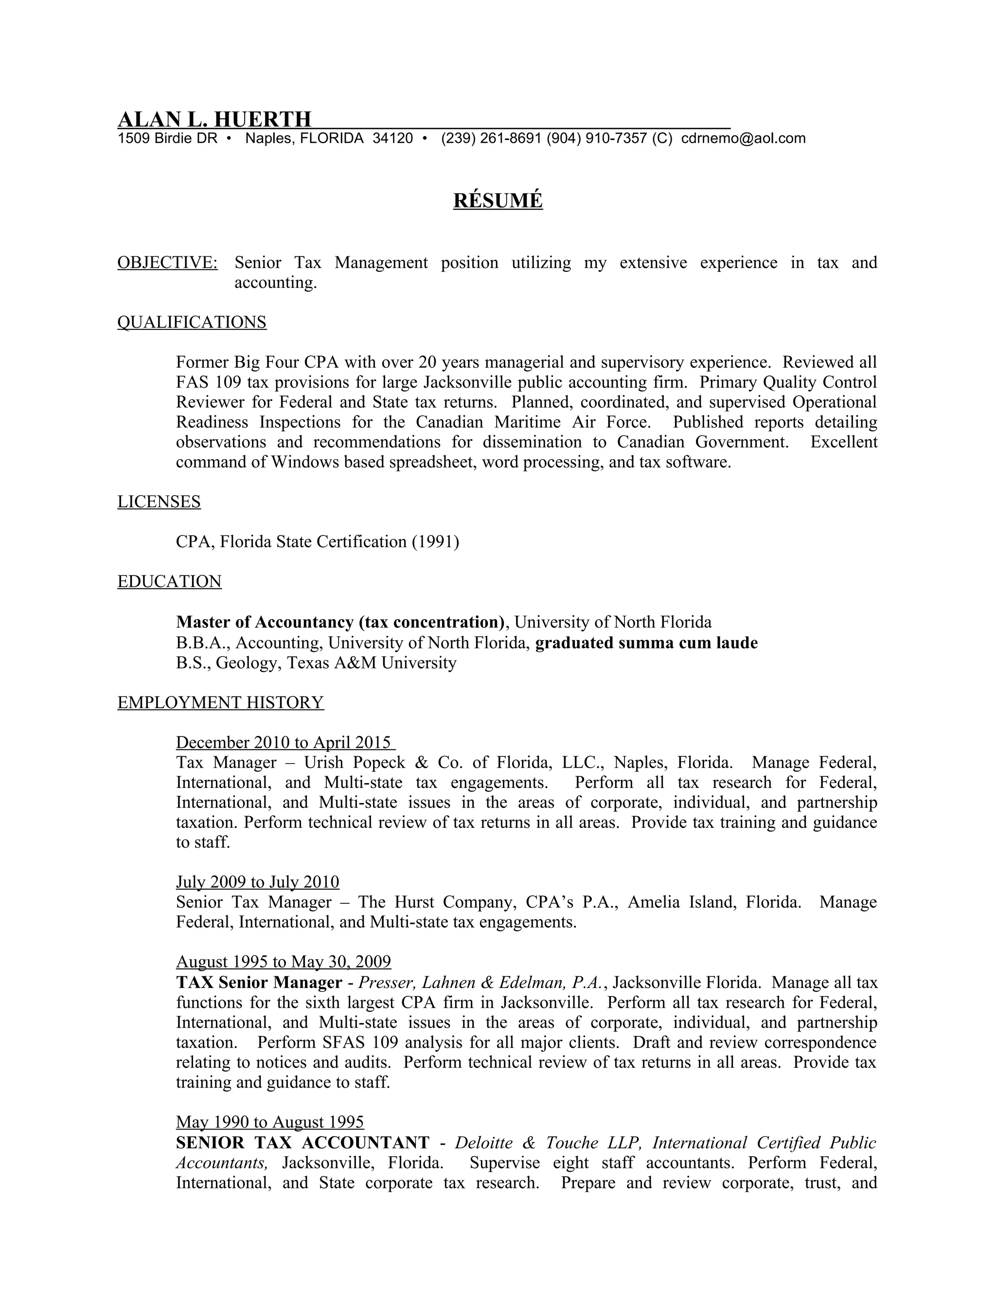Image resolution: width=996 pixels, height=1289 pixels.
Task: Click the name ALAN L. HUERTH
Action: pyautogui.click(x=214, y=119)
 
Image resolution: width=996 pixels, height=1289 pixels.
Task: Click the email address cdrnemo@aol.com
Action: pyautogui.click(x=743, y=139)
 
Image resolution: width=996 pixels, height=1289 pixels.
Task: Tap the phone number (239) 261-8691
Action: pyautogui.click(x=492, y=139)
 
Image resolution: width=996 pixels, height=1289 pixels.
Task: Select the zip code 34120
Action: pyautogui.click(x=392, y=139)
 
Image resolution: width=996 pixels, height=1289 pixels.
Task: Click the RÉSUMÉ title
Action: pyautogui.click(x=498, y=201)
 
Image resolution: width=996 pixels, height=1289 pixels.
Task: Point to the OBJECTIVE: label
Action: pyautogui.click(x=168, y=263)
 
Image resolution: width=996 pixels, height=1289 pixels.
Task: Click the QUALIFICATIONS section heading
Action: pyautogui.click(x=192, y=322)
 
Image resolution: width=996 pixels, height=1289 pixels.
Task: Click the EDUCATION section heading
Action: pyautogui.click(x=169, y=582)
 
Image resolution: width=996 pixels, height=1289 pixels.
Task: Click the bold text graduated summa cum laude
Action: pyautogui.click(x=646, y=643)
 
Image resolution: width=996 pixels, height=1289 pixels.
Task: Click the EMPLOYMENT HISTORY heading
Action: pyautogui.click(x=221, y=703)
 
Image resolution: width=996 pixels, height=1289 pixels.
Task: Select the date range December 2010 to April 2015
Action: pyautogui.click(x=285, y=742)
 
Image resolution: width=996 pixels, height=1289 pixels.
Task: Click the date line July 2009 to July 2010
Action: pyautogui.click(x=257, y=882)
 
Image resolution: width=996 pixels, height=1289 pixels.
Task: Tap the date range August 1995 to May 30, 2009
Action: pyautogui.click(x=283, y=962)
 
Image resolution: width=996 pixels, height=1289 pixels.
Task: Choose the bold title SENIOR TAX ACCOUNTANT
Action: pyautogui.click(x=302, y=1143)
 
